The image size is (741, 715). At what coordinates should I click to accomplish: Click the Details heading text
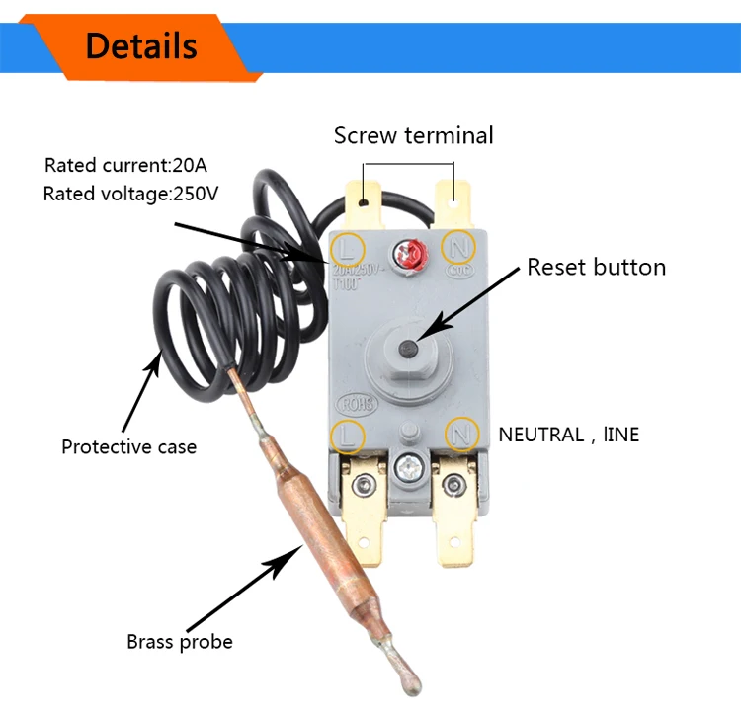click(141, 45)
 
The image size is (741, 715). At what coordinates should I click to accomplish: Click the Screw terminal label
click(413, 135)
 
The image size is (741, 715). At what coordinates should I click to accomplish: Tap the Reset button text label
click(596, 267)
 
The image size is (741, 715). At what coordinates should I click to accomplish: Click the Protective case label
click(128, 446)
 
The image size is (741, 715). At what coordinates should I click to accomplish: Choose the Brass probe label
click(180, 642)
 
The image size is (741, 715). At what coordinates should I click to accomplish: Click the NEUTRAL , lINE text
click(568, 434)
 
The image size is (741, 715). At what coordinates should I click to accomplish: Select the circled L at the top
click(348, 244)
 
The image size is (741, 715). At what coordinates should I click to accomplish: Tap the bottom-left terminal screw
click(368, 484)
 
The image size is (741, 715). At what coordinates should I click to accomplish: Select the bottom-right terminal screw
click(454, 484)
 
